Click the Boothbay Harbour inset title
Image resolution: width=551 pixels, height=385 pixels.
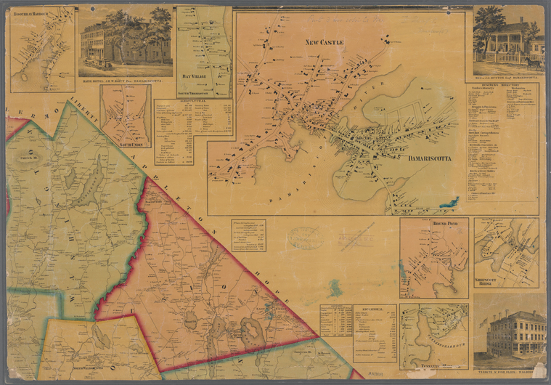pos(33,12)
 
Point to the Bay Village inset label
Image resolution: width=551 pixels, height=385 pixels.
pos(191,74)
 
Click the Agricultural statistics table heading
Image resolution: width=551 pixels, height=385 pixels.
pos(193,102)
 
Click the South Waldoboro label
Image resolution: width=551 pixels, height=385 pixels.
pos(83,350)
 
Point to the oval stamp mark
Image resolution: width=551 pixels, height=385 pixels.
pos(302,238)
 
